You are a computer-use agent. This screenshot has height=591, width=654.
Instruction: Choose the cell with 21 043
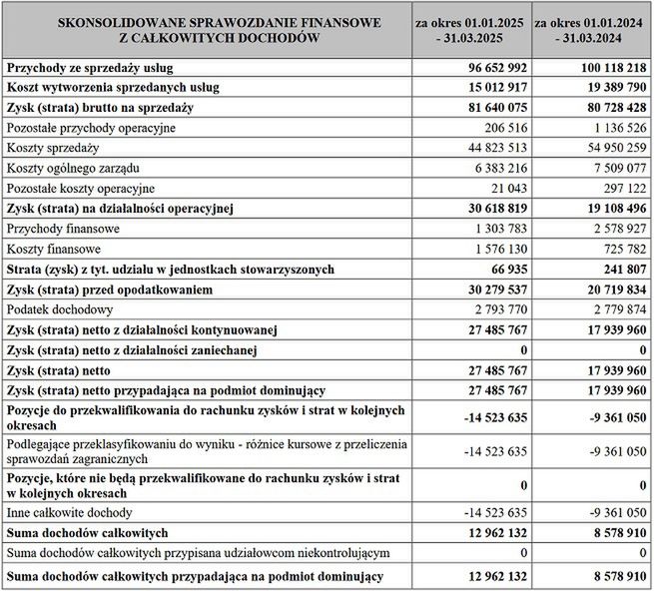click(x=504, y=189)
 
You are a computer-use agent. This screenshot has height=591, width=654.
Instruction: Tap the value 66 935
click(x=504, y=270)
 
